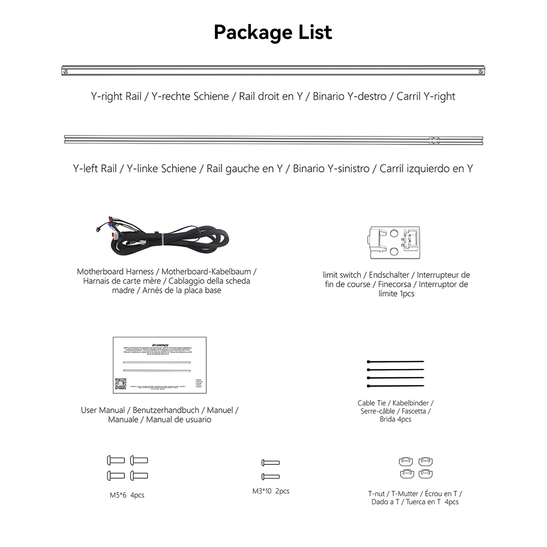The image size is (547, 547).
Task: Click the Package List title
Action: pos(273,32)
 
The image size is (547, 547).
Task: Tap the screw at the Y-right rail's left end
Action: pos(65,72)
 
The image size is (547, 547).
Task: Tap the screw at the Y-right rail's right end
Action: pos(481,72)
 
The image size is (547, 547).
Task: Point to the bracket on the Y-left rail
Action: pos(434,140)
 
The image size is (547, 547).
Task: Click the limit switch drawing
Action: pos(395,243)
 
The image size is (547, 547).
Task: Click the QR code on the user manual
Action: pos(120,384)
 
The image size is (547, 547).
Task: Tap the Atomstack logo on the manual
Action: pos(160,345)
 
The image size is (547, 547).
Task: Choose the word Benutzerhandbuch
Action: pos(166,410)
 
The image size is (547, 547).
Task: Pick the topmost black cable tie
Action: pos(395,362)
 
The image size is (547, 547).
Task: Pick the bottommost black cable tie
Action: pos(395,386)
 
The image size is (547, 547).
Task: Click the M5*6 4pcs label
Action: pos(127,495)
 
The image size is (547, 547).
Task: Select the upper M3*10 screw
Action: pos(271,463)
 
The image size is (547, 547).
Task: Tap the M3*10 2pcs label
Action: pos(271,491)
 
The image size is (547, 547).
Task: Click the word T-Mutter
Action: pos(404,493)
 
